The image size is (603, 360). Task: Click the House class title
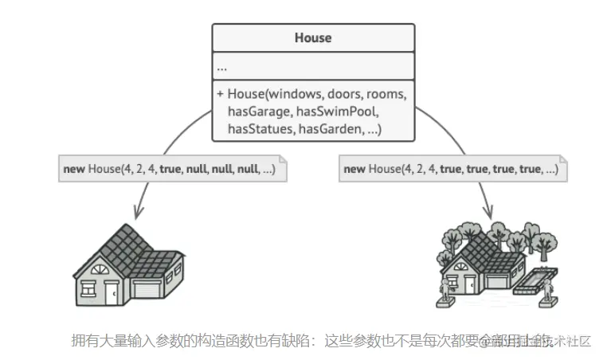[312, 37]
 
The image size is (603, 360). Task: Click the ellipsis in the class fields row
[222, 67]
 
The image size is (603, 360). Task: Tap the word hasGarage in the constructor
[256, 111]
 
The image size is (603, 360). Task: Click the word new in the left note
[74, 170]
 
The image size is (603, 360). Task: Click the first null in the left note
[197, 170]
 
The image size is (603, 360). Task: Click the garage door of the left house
[149, 289]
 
